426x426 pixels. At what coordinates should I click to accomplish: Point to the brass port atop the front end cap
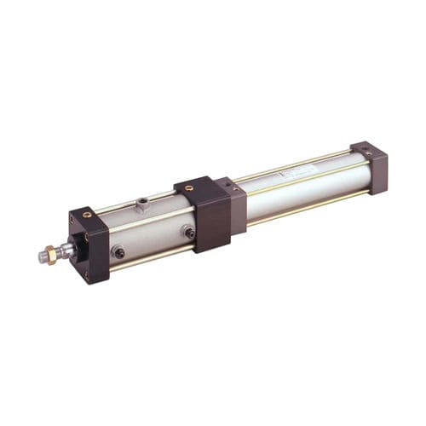(x=87, y=215)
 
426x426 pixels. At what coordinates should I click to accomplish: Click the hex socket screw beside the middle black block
(x=188, y=231)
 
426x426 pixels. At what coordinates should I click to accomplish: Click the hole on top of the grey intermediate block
(x=228, y=182)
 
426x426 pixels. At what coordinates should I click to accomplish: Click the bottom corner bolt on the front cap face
(x=86, y=275)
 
